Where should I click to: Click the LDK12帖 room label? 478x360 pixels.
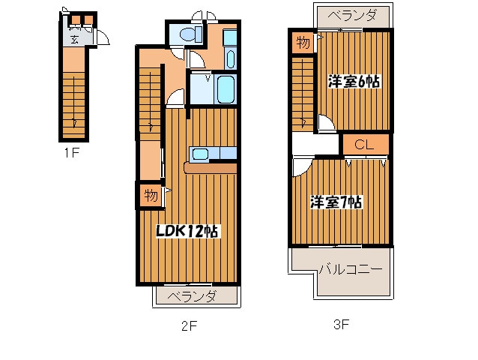point(187,232)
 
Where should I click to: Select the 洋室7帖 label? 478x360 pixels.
point(336,202)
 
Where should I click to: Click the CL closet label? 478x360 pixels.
point(366,144)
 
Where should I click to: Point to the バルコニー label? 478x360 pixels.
point(351,268)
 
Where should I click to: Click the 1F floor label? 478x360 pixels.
point(71,153)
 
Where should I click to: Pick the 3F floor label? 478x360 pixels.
point(342,325)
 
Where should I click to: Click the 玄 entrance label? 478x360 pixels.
point(76,39)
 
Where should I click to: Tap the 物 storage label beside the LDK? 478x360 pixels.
point(151,196)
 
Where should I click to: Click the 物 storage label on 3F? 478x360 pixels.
point(303,42)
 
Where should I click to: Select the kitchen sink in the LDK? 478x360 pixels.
point(201,154)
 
